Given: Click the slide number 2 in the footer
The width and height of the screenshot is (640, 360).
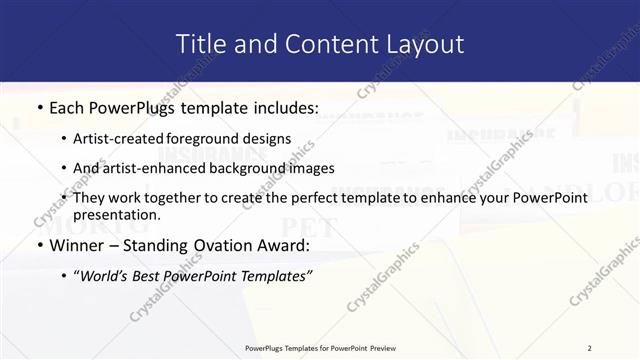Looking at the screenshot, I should click(x=589, y=348).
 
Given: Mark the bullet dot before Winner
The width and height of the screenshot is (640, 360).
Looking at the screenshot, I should click(x=39, y=246).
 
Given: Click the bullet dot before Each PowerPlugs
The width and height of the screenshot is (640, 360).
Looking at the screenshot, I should click(x=39, y=107).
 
